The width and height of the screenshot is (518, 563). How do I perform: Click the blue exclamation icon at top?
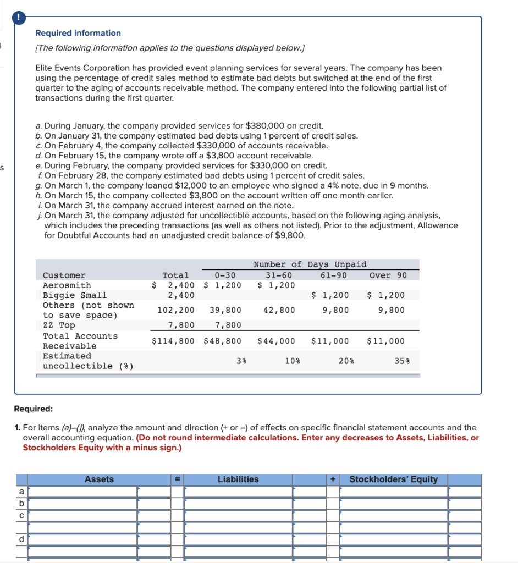coord(19,17)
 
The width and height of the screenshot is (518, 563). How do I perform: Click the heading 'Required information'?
coord(78,33)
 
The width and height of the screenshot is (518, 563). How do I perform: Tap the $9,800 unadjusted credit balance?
coord(290,235)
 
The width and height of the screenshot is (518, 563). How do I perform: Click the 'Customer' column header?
coord(64,275)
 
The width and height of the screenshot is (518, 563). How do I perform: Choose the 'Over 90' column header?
coord(388,275)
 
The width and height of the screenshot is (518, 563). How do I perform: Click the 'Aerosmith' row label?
coord(67,285)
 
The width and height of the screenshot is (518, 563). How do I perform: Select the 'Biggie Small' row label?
coord(75,295)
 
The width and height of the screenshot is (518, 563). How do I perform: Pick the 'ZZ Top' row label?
coord(59,325)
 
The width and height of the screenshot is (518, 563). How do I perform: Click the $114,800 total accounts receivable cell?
coord(173,341)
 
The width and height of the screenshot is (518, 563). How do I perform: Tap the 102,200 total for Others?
coord(176,310)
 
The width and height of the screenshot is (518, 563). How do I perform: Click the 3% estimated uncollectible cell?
coord(241,361)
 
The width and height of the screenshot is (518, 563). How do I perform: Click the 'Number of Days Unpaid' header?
coord(310,264)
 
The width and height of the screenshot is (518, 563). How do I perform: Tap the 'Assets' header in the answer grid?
coord(99,479)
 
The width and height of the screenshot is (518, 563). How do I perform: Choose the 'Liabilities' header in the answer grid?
coord(238,479)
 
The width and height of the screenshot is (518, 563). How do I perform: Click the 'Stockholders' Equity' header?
coord(393,479)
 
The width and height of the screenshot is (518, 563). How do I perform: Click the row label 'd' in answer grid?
coord(21,539)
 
